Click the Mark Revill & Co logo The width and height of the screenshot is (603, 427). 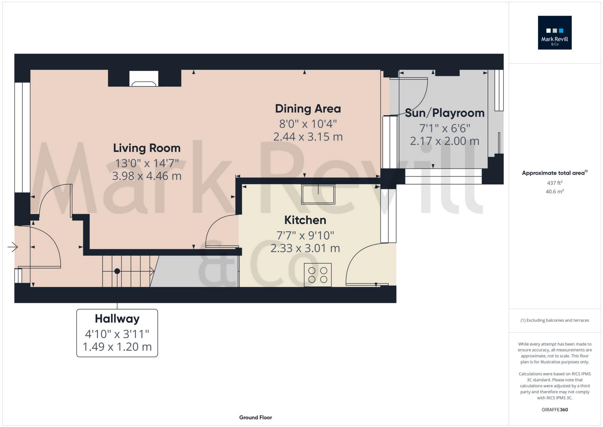point(554,33)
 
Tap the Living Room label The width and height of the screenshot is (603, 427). point(147,148)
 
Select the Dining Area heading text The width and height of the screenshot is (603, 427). point(308,109)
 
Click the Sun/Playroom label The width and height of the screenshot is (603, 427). point(445,113)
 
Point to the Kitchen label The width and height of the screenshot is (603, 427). point(305,220)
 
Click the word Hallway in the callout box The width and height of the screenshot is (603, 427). point(117,319)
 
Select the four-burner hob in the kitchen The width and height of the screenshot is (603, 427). point(318,275)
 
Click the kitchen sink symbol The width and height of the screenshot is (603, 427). point(318,194)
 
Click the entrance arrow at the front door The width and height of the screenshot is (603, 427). point(13,247)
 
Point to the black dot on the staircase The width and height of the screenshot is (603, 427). point(117,271)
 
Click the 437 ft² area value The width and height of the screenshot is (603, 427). point(554,183)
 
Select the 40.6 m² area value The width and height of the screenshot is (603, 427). point(554,191)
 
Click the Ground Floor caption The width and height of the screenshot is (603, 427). point(255,417)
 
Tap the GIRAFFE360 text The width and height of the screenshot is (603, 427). point(554,410)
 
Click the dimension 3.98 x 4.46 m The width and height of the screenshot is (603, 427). point(147,176)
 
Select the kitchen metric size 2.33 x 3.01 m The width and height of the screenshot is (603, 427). point(305,248)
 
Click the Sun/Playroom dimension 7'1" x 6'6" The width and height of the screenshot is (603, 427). point(445,129)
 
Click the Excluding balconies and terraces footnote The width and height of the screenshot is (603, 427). point(554,320)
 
